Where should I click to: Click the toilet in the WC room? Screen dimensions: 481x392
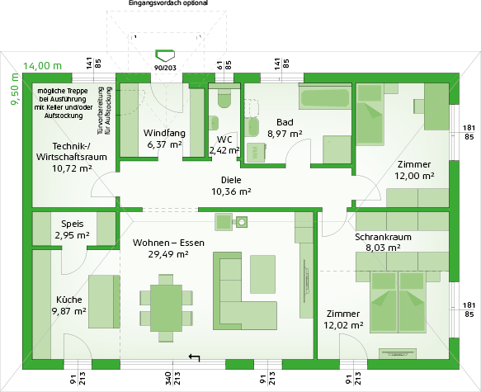(x=224, y=98)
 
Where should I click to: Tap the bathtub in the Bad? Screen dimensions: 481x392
(x=325, y=97)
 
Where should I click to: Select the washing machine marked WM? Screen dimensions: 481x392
(x=256, y=152)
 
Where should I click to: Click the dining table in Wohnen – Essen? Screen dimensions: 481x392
(x=167, y=308)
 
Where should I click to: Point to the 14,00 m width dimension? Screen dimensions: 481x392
(x=43, y=66)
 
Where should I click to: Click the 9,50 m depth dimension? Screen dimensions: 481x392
(x=16, y=89)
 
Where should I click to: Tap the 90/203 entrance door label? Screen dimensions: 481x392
(x=165, y=68)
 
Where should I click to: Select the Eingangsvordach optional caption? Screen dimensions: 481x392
(x=168, y=3)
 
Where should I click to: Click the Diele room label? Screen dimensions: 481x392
(x=231, y=180)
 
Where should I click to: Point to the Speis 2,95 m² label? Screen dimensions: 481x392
(x=72, y=229)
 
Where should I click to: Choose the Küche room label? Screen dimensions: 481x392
(x=69, y=300)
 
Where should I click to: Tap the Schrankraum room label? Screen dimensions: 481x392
(x=383, y=237)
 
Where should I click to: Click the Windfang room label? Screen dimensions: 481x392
(x=164, y=133)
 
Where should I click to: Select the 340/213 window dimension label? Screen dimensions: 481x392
(x=172, y=378)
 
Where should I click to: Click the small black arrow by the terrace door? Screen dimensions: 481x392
(x=194, y=357)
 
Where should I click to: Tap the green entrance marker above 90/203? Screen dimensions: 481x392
(x=165, y=55)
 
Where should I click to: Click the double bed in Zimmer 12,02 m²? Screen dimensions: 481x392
(x=398, y=302)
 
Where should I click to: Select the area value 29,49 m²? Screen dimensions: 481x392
(x=168, y=254)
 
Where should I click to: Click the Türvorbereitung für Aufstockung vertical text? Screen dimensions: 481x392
(x=104, y=111)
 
